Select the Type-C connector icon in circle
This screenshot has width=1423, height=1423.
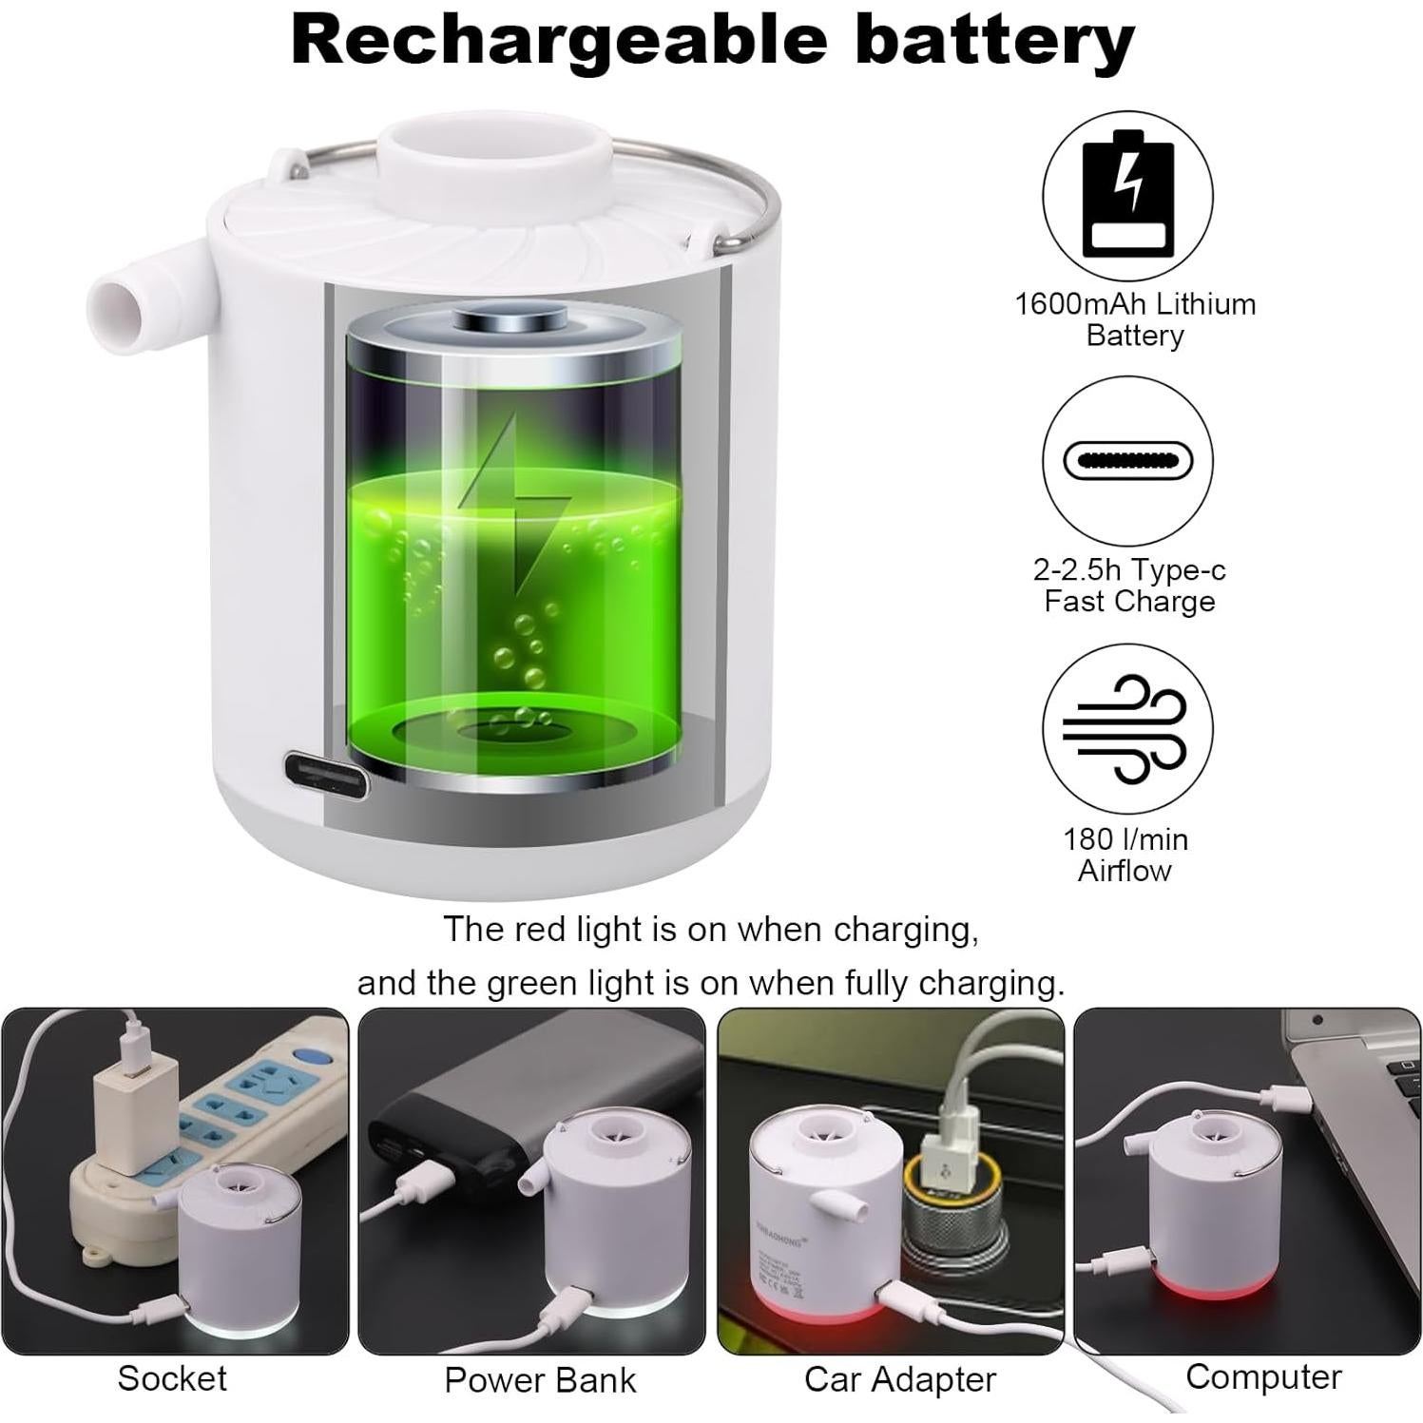[x=1127, y=461]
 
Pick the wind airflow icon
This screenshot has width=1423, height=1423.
[x=1127, y=728]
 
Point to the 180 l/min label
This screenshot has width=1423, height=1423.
[x=1125, y=839]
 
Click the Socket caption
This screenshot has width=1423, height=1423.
[x=172, y=1378]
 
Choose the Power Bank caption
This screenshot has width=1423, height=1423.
[x=540, y=1380]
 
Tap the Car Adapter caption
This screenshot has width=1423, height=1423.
[x=899, y=1379]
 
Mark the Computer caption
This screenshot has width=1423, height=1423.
[x=1263, y=1376]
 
